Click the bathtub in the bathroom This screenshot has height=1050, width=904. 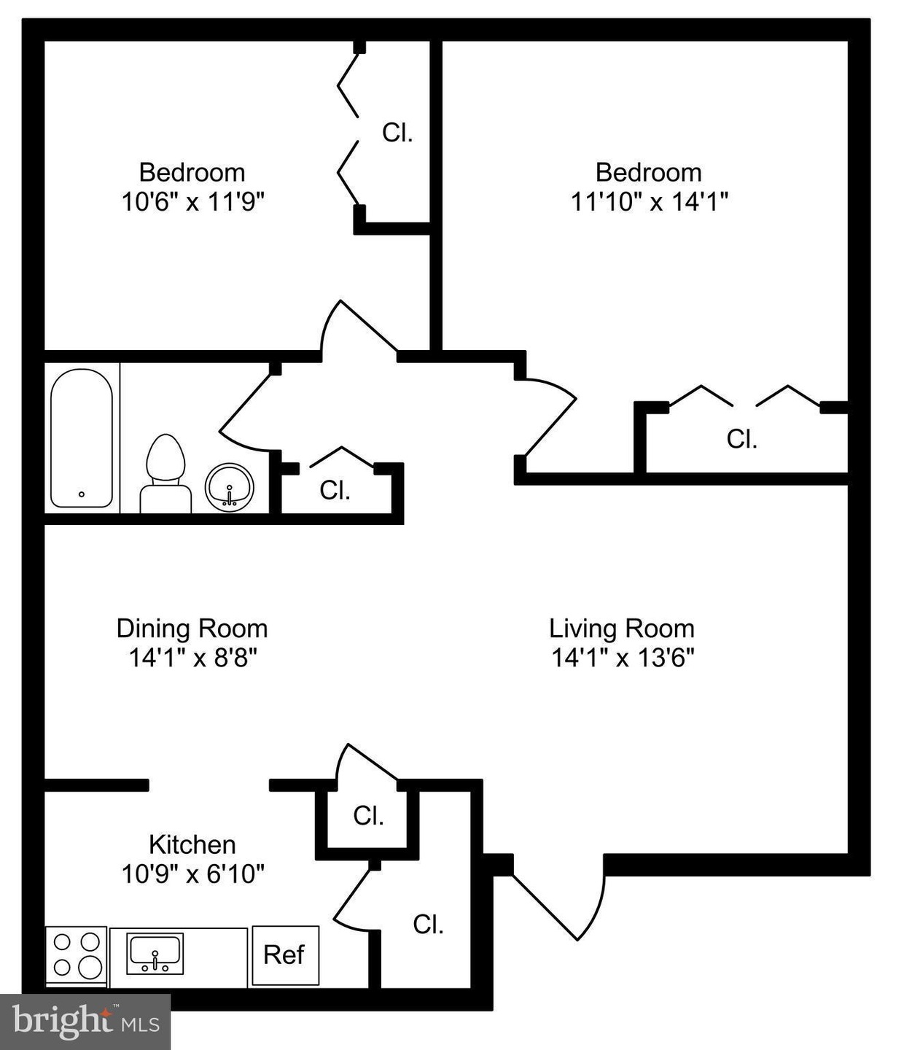tap(81, 438)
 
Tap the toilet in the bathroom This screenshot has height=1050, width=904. tap(165, 474)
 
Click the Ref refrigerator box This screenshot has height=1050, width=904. tap(286, 955)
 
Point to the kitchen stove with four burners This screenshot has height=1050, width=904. tap(76, 956)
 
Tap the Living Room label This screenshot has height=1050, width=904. tap(622, 629)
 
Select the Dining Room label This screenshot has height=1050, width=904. tap(192, 629)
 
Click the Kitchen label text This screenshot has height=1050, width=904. tap(192, 845)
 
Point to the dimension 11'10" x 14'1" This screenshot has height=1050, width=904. tap(650, 202)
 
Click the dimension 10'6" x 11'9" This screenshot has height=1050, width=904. tap(193, 202)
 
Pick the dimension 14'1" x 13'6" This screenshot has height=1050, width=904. tap(623, 658)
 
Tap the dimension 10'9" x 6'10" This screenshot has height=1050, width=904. tap(193, 875)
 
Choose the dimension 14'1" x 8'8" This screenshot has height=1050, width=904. tap(193, 658)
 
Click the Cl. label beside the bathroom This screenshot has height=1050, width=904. tap(335, 491)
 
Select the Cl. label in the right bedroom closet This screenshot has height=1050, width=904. tap(742, 439)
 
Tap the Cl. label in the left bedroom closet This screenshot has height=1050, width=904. tap(397, 133)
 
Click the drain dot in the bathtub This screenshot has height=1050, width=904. tap(81, 494)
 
